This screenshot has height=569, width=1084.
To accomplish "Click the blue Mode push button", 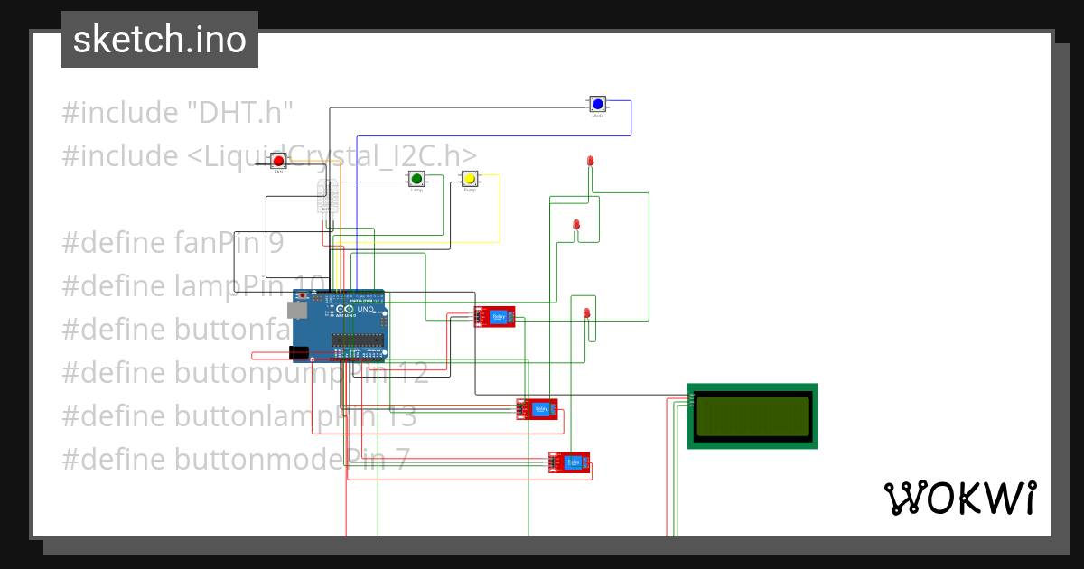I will [x=597, y=104].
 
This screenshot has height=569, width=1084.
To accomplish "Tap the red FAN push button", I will [x=279, y=161].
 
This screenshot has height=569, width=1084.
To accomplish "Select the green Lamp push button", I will [x=416, y=178].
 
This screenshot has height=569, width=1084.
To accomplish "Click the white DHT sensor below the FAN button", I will [x=325, y=195].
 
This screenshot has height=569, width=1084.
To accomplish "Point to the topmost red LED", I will [x=590, y=161].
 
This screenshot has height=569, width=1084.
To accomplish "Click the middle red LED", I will [x=576, y=224].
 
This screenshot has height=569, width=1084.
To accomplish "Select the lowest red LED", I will [x=586, y=313].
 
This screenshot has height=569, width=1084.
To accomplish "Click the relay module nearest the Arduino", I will [x=495, y=316].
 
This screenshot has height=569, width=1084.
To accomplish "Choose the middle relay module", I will [x=537, y=409].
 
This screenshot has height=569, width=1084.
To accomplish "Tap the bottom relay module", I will [x=569, y=462].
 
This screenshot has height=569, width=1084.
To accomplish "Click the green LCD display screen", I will [x=752, y=415].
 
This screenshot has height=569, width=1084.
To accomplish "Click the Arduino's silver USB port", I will [x=296, y=310].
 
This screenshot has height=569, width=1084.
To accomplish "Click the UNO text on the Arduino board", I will [x=365, y=310].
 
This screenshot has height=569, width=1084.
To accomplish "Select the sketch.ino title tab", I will [x=160, y=40].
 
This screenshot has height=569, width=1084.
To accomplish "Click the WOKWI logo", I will [x=959, y=498].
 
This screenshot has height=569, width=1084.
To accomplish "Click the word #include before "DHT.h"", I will [x=120, y=113].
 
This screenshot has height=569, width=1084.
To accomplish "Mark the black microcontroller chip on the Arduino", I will [x=359, y=340].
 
